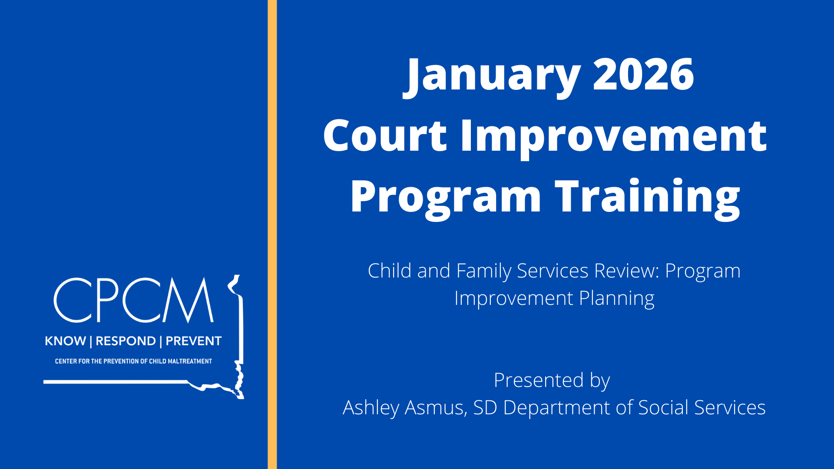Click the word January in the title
pyautogui.click(x=492, y=76)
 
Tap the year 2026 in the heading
pyautogui.click(x=643, y=74)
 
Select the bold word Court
pyautogui.click(x=385, y=135)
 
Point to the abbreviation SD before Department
pyautogui.click(x=485, y=408)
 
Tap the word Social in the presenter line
pyautogui.click(x=663, y=408)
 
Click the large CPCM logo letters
pyautogui.click(x=134, y=300)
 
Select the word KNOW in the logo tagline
pyautogui.click(x=66, y=341)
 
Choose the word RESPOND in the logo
pyautogui.click(x=126, y=341)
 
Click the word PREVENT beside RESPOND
pyautogui.click(x=194, y=341)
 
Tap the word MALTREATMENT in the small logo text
pyautogui.click(x=190, y=361)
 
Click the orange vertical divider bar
pyautogui.click(x=272, y=234)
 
